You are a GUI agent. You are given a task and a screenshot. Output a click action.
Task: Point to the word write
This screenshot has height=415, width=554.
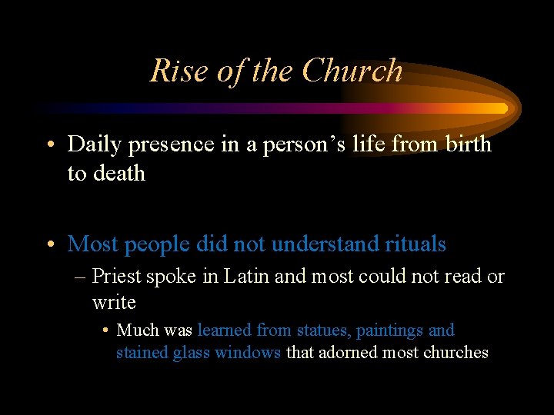pyautogui.click(x=114, y=302)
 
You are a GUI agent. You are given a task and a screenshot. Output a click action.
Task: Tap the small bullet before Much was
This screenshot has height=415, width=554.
pyautogui.click(x=105, y=331)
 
